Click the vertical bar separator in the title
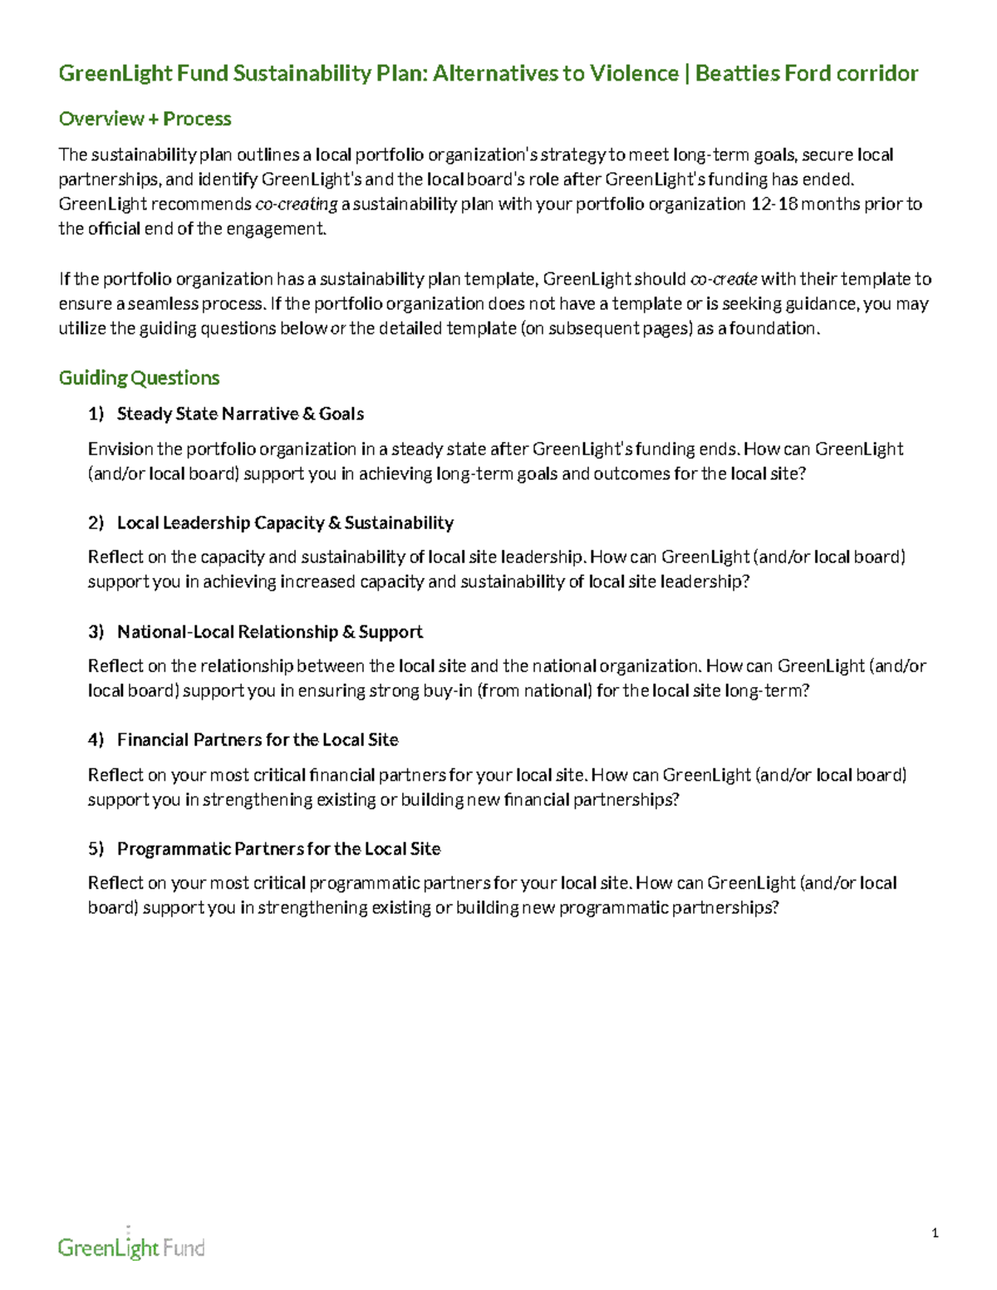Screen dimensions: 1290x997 pos(687,74)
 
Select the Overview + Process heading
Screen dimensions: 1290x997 pos(145,119)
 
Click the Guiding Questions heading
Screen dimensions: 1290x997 pos(139,378)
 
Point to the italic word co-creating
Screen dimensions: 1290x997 pos(296,204)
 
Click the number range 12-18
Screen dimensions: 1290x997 pos(774,204)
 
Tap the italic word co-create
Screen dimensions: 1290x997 pos(724,279)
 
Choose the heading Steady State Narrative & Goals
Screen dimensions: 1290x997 pos(240,414)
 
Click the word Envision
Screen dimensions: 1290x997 pos(120,449)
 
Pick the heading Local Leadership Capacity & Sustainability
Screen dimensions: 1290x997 pos(285,522)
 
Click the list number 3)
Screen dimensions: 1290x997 pos(96,632)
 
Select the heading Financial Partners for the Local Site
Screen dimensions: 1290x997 pos(258,740)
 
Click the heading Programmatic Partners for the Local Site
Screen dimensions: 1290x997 pos(278,849)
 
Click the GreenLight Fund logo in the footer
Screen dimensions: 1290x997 pos(131,1245)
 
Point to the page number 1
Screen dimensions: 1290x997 pos(935,1234)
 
